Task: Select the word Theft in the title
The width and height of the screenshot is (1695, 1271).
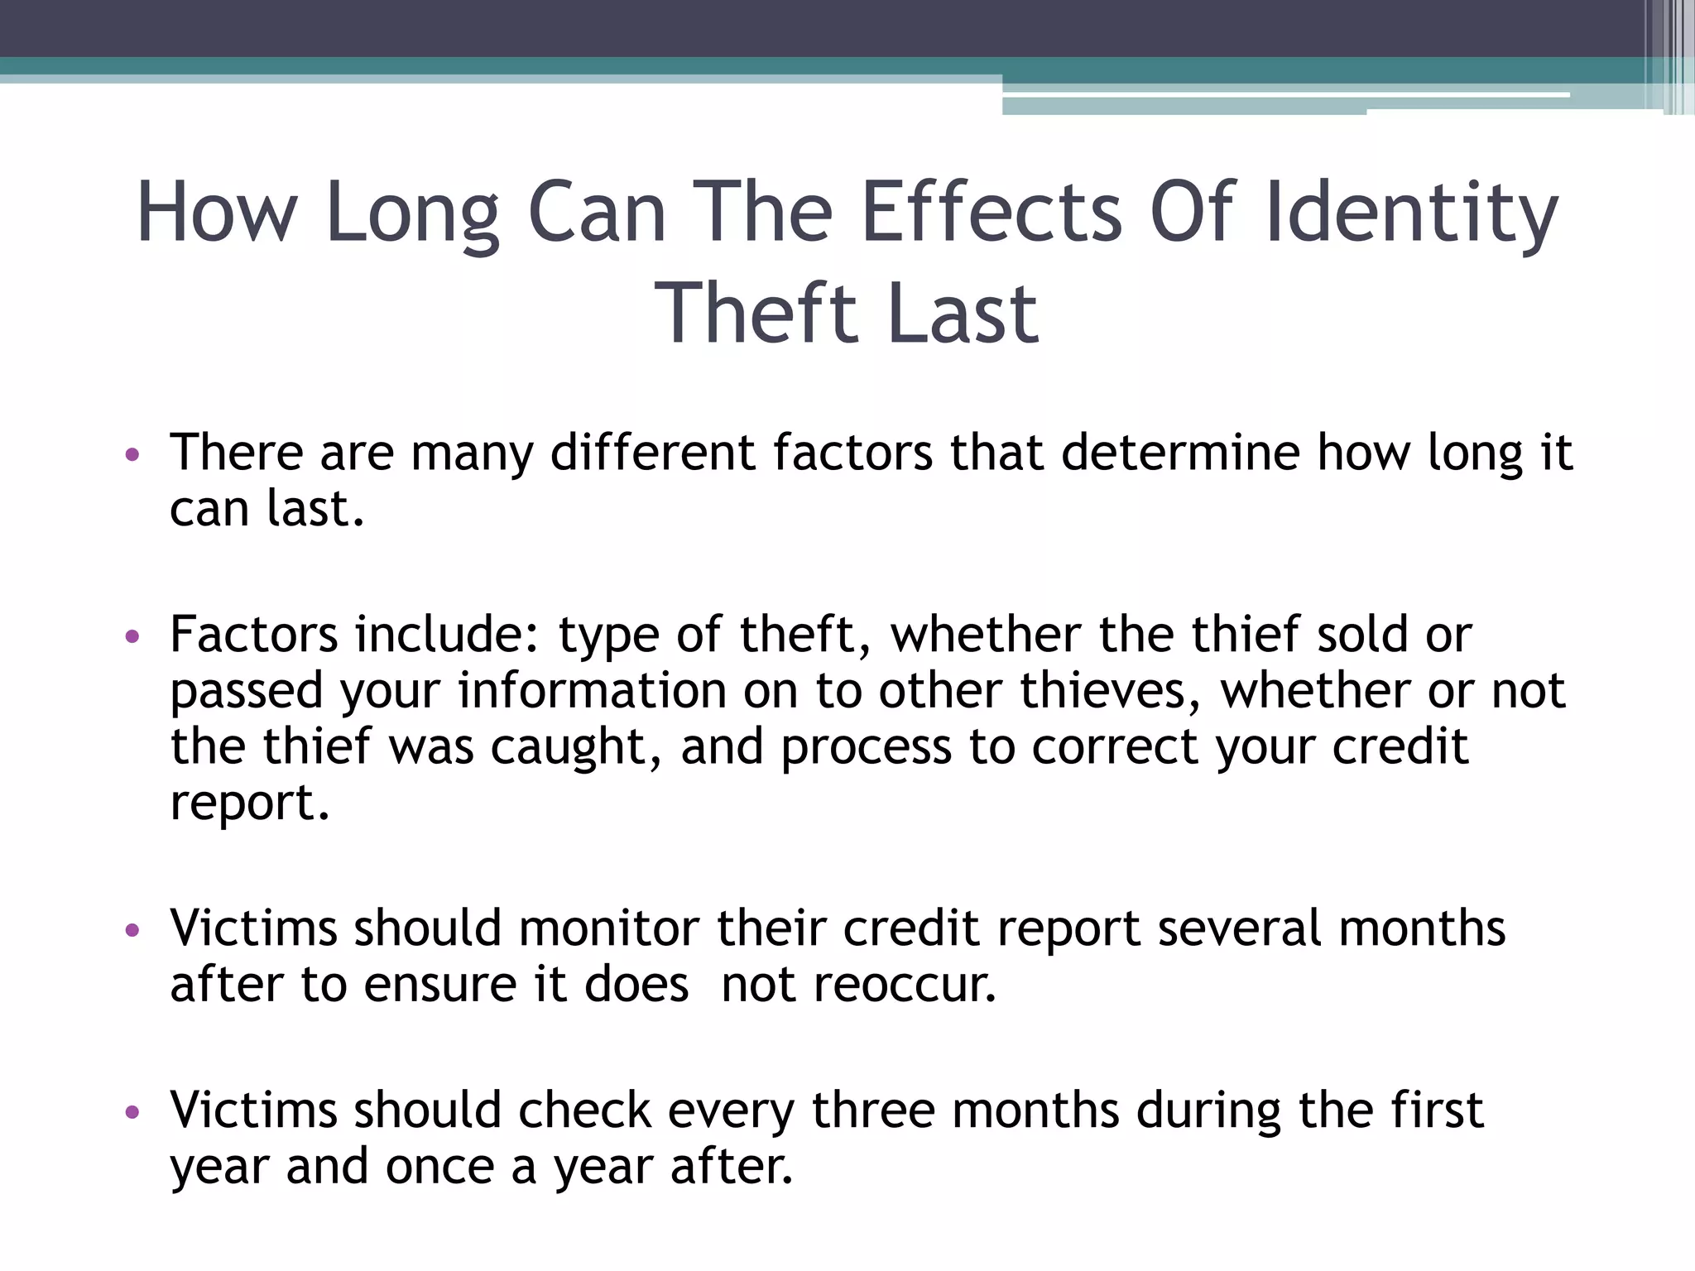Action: click(x=756, y=314)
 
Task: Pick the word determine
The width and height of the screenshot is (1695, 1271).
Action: click(x=1180, y=453)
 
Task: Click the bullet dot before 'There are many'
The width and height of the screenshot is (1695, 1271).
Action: click(x=132, y=454)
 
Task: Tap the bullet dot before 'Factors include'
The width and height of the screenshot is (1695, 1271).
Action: click(x=132, y=636)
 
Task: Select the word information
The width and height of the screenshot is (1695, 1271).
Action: click(x=592, y=691)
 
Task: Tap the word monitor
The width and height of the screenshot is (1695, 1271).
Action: click(x=609, y=928)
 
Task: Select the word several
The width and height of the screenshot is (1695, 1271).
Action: click(x=1239, y=928)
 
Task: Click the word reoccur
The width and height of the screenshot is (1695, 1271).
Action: click(x=905, y=986)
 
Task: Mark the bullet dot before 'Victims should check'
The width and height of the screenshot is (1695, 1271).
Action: click(x=132, y=1111)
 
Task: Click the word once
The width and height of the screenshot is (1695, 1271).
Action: click(x=439, y=1167)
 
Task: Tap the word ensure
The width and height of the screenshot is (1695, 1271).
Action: click(x=441, y=986)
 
